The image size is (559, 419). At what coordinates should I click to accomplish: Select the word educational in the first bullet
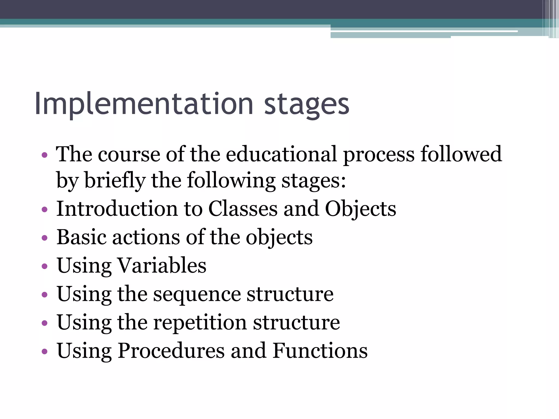point(281,154)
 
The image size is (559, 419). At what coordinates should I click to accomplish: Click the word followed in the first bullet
point(461,154)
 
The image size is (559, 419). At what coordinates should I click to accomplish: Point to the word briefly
point(115,181)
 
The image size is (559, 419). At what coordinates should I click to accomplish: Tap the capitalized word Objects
point(360,209)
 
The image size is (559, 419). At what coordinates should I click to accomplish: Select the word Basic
point(81,237)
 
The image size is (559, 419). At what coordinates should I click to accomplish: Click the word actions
point(146,238)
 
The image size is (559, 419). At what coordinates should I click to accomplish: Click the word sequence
point(197,295)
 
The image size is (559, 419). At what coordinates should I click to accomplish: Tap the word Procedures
point(171,351)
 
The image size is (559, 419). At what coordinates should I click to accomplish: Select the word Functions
point(320,351)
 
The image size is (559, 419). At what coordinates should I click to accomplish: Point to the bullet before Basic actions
point(44,238)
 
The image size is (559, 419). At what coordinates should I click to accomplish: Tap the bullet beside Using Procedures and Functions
point(44,351)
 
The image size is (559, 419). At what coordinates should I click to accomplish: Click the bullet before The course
point(44,155)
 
